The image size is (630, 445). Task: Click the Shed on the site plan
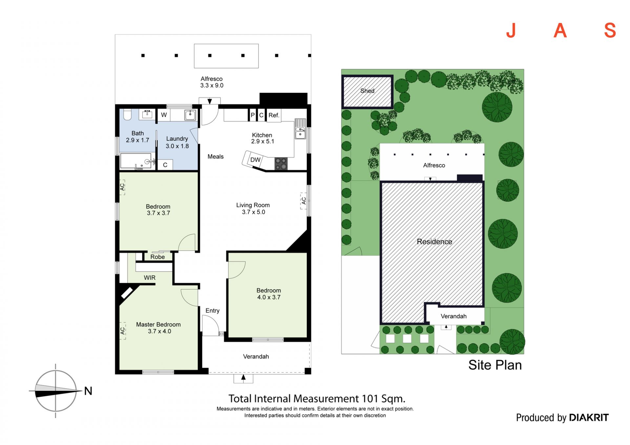367,92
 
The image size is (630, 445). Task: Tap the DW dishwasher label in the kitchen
255,160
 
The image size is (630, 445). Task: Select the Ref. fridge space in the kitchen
274,115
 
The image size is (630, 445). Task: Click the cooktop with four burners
281,164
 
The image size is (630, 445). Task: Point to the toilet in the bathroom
127,114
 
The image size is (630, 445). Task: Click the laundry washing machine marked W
164,115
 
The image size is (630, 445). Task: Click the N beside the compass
88,391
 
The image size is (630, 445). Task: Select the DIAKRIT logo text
589,417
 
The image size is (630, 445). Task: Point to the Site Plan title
495,365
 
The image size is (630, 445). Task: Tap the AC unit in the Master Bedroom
123,331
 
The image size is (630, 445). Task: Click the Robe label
157,257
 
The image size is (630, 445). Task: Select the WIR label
150,278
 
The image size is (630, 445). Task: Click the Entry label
212,311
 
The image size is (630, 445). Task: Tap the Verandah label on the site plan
453,316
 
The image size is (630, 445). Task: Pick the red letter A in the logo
560,30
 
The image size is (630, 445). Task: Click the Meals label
216,157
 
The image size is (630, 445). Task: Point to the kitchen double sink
300,129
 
